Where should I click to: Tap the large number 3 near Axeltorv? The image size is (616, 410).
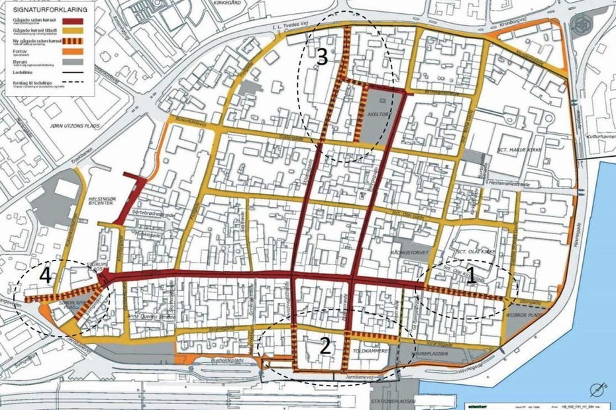pyautogui.click(x=322, y=58)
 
